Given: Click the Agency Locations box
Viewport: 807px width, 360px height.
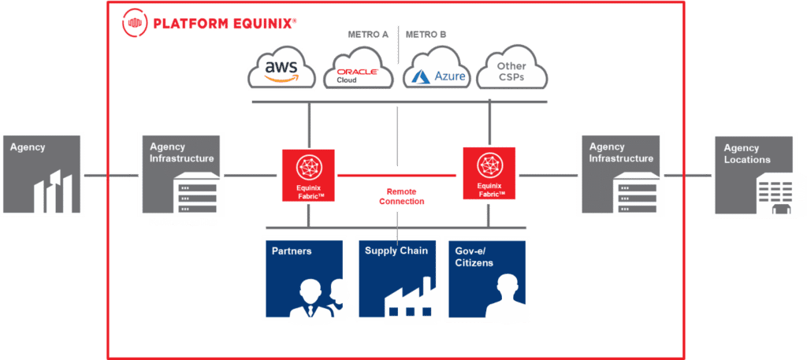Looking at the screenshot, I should tap(758, 175).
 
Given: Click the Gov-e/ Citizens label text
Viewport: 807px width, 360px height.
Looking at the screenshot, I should tap(474, 257).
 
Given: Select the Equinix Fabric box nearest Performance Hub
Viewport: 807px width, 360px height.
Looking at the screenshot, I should tap(307, 175).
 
